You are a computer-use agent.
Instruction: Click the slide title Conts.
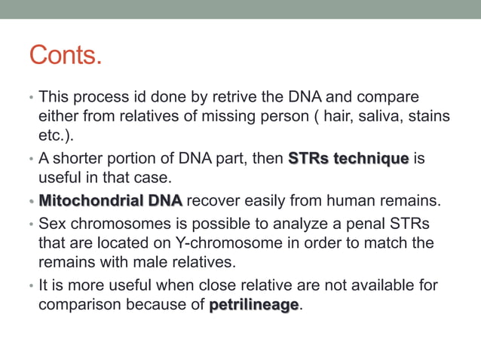65,56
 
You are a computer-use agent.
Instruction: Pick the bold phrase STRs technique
348,160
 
